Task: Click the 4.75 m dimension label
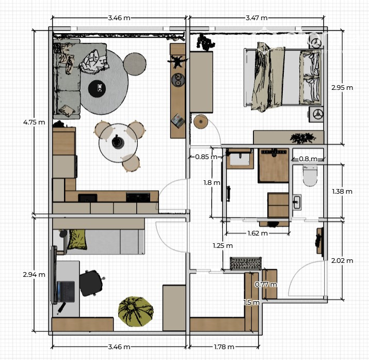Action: (34, 122)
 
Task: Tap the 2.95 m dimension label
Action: (342, 88)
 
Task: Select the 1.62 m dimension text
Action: (258, 233)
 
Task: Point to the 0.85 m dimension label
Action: (206, 156)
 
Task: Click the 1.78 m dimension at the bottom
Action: (224, 347)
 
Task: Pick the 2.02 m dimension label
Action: (342, 261)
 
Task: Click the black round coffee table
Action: (97, 88)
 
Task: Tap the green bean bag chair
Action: (136, 311)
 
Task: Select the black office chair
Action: (91, 283)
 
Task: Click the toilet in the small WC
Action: (310, 176)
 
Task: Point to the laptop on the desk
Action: (66, 292)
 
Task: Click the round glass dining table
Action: (118, 143)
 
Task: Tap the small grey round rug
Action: (135, 64)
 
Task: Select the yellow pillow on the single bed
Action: (77, 240)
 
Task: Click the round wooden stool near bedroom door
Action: (201, 121)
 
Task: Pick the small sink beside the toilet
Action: (297, 202)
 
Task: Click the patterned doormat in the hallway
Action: (246, 263)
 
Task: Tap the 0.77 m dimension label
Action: (266, 285)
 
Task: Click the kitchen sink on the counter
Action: (88, 198)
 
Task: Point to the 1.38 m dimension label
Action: (342, 192)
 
